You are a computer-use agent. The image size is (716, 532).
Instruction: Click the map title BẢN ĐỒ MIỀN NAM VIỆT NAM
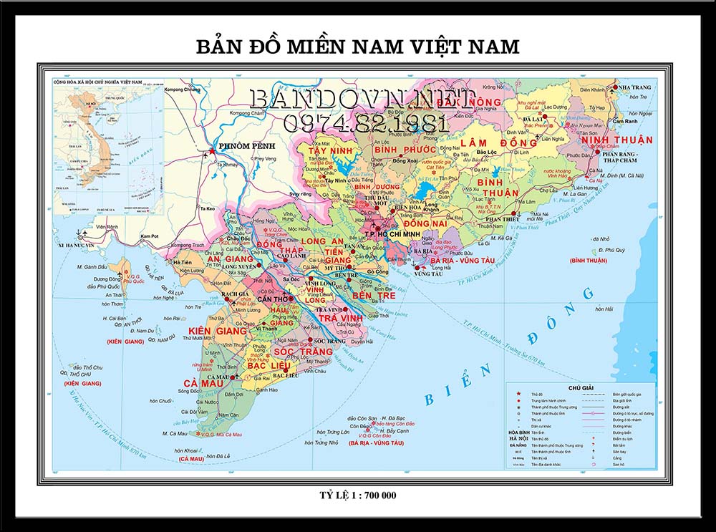point(357,47)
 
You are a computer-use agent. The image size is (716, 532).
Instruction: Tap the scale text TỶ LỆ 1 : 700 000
point(357,495)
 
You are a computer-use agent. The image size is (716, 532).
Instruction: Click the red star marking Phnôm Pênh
point(211,152)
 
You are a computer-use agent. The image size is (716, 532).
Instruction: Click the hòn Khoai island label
point(186,450)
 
